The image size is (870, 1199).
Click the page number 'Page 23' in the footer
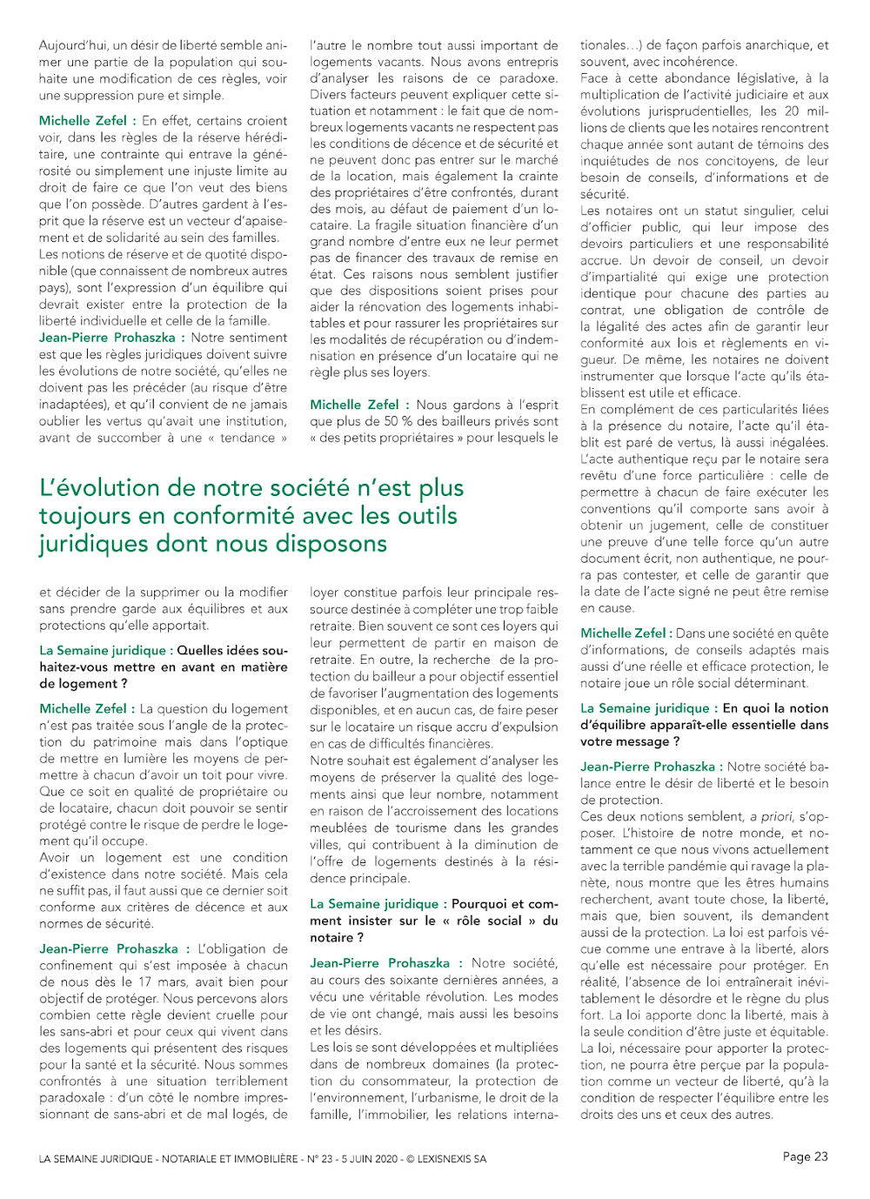pyautogui.click(x=805, y=1156)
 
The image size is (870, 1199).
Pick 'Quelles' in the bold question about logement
pyautogui.click(x=205, y=650)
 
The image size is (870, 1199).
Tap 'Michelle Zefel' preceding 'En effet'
pyautogui.click(x=82, y=121)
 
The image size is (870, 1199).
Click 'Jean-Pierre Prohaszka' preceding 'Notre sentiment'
pyautogui.click(x=107, y=338)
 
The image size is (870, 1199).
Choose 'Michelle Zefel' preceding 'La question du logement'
pyautogui.click(x=82, y=709)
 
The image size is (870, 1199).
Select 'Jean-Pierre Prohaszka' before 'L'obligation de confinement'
pyautogui.click(x=108, y=949)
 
